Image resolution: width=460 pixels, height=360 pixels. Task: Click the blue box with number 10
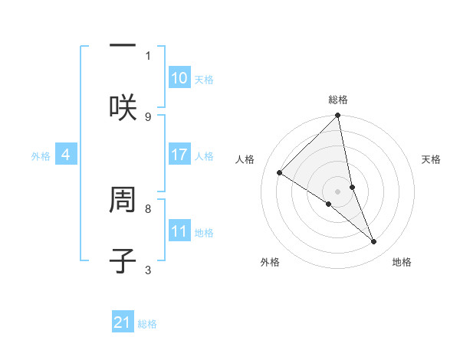[x=179, y=78]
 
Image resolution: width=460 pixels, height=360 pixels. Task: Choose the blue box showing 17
[x=179, y=155]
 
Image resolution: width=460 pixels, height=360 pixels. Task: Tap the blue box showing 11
[x=179, y=231]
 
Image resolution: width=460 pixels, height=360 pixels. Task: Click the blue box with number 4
[x=66, y=155]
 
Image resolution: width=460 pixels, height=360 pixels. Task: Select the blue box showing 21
[x=123, y=322]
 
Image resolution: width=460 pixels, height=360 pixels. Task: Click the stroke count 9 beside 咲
[x=148, y=116]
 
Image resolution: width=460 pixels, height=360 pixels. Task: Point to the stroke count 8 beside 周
[x=148, y=208]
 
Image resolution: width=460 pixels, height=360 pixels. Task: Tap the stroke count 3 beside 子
[x=148, y=269]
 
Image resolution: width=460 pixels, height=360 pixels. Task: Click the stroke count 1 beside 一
[x=148, y=55]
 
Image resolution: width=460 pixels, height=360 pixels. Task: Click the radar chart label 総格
[x=338, y=100]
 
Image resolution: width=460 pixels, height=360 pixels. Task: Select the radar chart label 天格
[x=431, y=159]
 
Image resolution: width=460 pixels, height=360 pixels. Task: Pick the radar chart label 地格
[x=402, y=262]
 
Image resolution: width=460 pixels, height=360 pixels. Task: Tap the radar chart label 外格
[x=270, y=262]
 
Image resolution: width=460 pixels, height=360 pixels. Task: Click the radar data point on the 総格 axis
[x=338, y=116]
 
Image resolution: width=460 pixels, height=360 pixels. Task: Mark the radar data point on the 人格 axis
[x=280, y=173]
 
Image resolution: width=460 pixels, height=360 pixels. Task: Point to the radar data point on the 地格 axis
[x=374, y=241]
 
